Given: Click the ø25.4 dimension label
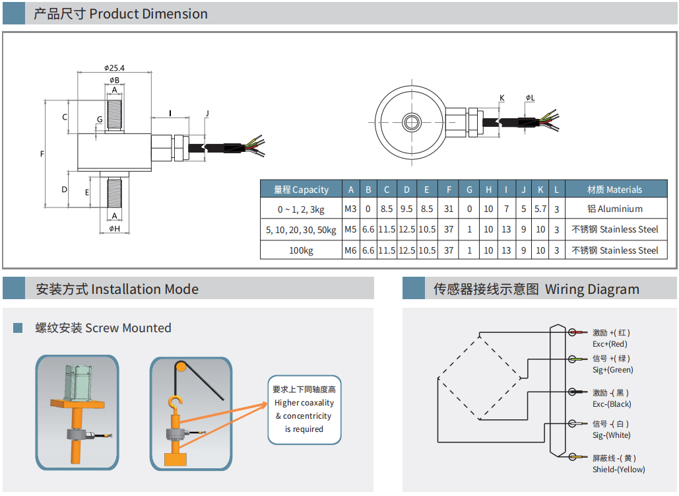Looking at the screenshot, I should click(114, 67).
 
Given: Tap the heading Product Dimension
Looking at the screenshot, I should click(121, 14).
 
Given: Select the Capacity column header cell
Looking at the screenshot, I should click(301, 190).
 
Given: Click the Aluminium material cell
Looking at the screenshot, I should click(614, 209).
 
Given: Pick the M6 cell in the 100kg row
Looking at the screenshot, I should click(350, 250).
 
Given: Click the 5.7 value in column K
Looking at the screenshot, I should click(540, 209).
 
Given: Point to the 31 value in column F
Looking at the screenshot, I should click(449, 209).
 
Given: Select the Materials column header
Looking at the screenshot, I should click(614, 190).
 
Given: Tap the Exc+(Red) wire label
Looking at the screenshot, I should click(610, 344).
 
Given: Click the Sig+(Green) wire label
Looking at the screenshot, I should click(612, 370).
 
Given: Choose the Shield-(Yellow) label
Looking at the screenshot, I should click(618, 470).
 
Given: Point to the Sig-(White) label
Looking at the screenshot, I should click(611, 435).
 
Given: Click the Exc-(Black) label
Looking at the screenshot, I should click(611, 404).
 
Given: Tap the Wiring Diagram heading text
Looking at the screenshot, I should click(536, 289).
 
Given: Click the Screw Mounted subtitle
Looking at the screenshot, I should click(103, 328).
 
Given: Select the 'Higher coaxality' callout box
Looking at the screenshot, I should click(304, 409).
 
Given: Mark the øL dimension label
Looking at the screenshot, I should click(530, 98).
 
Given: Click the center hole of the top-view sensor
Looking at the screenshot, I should click(412, 122).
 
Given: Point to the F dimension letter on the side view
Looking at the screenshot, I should click(42, 154).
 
